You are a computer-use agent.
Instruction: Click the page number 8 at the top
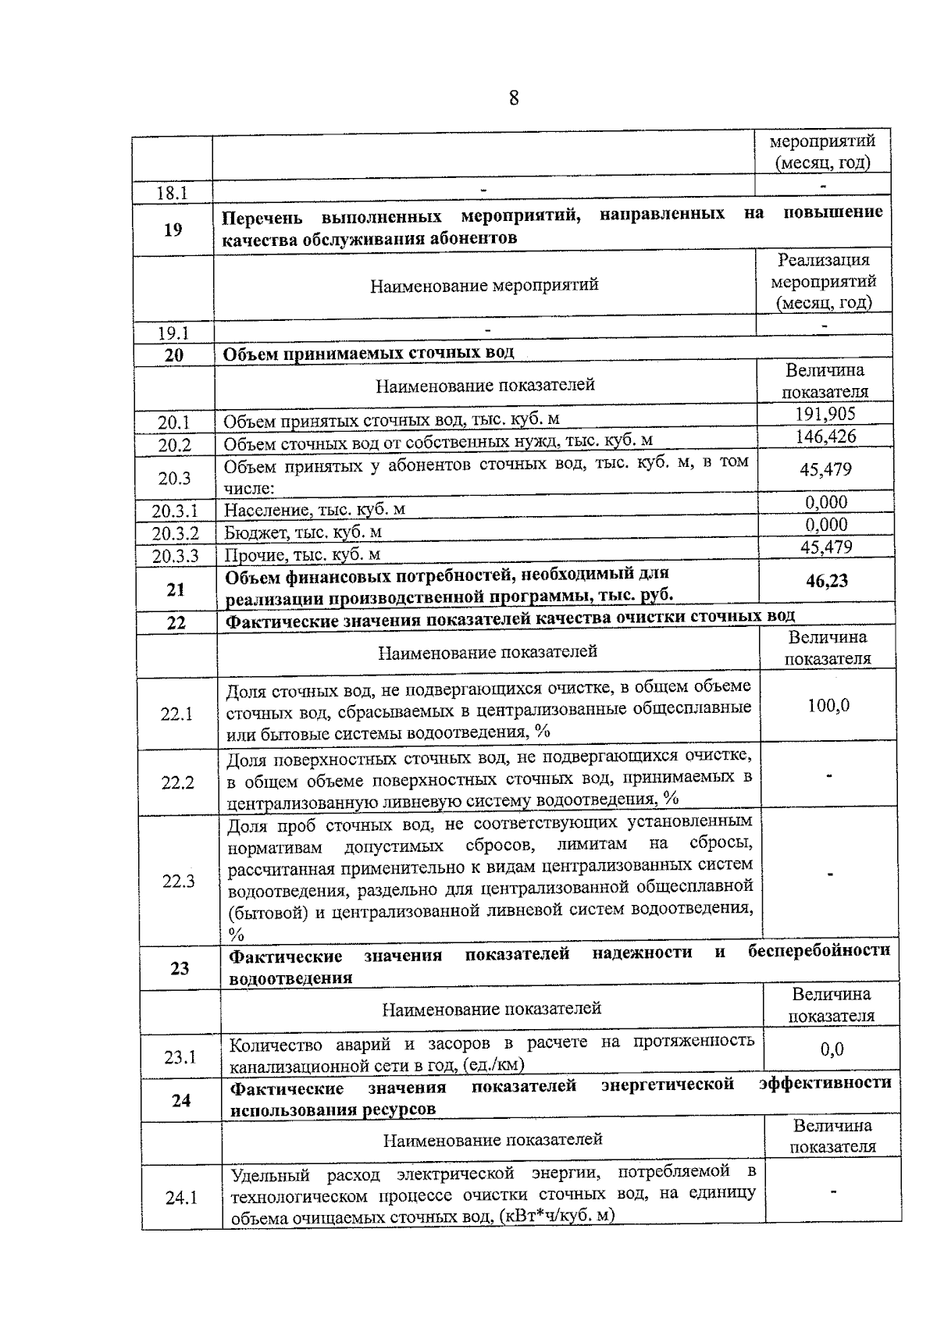[x=514, y=98]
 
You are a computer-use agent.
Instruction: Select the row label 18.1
[x=172, y=193]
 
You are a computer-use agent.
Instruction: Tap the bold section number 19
[x=173, y=229]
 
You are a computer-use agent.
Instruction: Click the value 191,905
[x=825, y=414]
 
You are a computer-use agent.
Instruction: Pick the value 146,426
[x=825, y=436]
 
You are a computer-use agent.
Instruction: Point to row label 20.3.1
[x=175, y=511]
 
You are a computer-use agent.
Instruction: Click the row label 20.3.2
[x=175, y=533]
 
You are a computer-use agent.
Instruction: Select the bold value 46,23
[x=827, y=581]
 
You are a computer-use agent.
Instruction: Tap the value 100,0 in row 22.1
[x=829, y=706]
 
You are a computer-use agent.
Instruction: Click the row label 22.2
[x=177, y=782]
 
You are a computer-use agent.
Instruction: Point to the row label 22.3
[x=178, y=881]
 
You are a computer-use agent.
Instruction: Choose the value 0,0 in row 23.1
[x=832, y=1049]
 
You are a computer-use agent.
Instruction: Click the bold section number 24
[x=181, y=1100]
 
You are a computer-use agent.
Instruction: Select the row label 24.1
[x=181, y=1197]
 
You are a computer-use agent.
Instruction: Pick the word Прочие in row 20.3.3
[x=255, y=555]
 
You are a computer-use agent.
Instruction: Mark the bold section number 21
[x=176, y=589]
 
